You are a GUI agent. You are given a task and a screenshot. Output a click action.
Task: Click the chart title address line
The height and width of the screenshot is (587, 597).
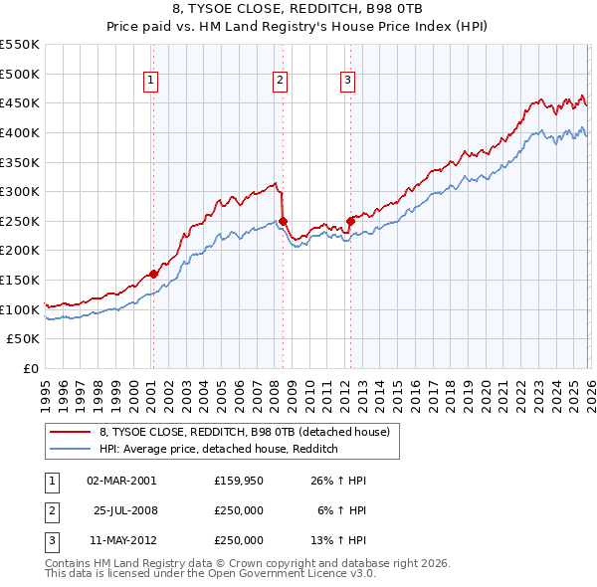298,9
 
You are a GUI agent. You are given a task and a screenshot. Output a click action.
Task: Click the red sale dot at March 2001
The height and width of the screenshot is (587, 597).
153,274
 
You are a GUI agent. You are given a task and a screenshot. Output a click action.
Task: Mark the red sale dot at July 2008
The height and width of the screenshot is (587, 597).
284,221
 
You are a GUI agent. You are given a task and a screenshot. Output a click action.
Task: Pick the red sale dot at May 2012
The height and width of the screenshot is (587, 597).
350,221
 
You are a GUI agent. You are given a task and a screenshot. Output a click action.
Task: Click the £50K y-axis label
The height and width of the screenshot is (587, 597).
24,339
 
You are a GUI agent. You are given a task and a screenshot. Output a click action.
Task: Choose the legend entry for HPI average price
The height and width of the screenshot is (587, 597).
219,450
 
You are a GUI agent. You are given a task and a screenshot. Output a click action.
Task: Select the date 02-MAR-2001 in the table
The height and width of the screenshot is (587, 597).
121,481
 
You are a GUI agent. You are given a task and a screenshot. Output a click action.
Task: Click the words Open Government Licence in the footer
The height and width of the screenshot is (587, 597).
293,574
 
